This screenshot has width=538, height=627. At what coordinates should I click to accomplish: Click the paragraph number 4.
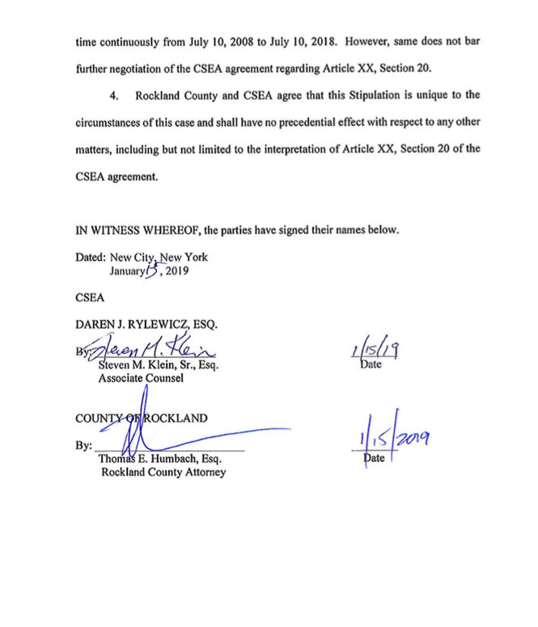click(113, 96)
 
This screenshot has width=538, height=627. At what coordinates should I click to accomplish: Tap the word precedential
click(324, 122)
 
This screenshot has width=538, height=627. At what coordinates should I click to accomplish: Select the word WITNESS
click(118, 229)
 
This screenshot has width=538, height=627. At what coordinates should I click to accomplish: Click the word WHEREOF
click(179, 229)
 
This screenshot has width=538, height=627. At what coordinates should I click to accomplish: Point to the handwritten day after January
click(153, 271)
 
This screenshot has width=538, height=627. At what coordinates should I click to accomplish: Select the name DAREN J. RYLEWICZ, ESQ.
click(146, 325)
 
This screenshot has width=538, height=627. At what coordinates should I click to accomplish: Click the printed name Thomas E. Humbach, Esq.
click(160, 459)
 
